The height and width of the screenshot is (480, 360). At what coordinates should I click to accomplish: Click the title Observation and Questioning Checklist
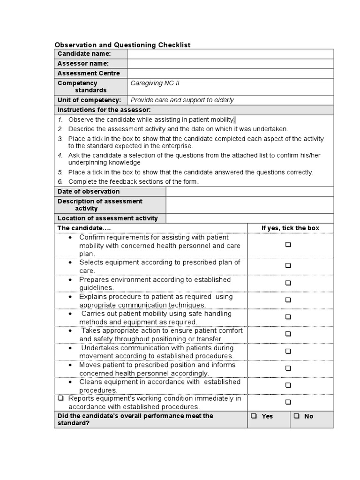coord(123,45)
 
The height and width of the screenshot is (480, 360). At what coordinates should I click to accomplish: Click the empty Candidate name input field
coord(230,54)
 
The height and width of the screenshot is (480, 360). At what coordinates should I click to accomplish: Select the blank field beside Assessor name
coord(230,63)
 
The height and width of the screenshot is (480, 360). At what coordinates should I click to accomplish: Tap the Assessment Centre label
coord(89,73)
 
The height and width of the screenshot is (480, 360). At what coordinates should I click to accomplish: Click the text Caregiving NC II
coord(155,83)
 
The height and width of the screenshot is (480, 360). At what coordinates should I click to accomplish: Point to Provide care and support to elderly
coord(182,100)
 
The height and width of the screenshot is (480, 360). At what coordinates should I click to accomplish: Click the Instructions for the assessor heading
coord(104,110)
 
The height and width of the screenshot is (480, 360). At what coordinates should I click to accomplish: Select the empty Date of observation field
coord(249,191)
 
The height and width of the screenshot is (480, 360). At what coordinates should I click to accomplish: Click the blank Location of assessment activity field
coord(249,218)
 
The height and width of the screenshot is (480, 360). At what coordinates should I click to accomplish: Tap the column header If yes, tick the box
coord(290,228)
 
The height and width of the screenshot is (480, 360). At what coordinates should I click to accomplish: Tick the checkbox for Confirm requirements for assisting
coord(288,245)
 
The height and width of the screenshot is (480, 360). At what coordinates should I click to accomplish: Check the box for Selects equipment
coord(288,266)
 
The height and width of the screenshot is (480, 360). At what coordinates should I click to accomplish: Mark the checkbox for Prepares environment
coord(288,283)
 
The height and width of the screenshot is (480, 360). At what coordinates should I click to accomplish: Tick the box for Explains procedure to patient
coord(288,300)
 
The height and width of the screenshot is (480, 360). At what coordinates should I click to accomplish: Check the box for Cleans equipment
coord(288,385)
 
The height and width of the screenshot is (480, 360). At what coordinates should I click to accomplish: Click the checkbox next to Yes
coord(254,416)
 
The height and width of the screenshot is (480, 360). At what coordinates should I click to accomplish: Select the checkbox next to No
coord(297,416)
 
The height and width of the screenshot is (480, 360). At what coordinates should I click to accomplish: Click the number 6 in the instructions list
coord(60,181)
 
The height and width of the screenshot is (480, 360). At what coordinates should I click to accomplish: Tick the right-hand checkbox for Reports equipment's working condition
coord(288,402)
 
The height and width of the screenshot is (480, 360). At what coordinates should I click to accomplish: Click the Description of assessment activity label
coord(100,204)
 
